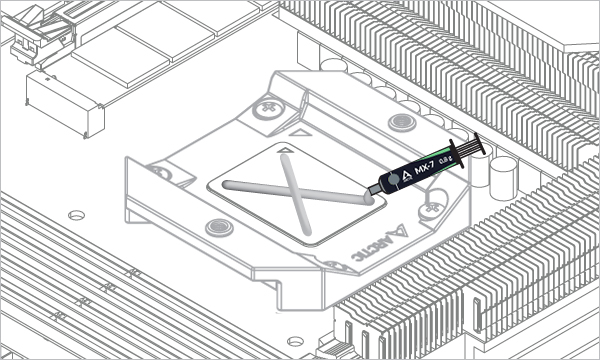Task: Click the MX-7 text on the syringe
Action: [424, 169]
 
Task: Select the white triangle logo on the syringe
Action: [407, 176]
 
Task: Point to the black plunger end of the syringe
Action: [480, 144]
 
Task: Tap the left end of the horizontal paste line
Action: [226, 184]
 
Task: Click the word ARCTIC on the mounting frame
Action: [370, 248]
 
